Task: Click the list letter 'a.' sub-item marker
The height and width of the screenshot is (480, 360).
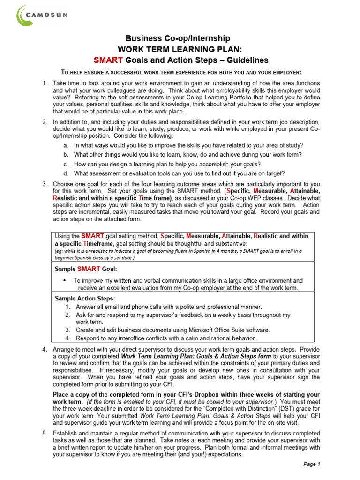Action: (x=66, y=145)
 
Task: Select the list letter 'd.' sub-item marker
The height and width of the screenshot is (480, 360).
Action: (x=66, y=173)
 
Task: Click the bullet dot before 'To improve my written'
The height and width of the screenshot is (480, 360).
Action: (x=64, y=280)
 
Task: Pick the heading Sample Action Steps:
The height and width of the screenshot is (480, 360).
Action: (x=85, y=299)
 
